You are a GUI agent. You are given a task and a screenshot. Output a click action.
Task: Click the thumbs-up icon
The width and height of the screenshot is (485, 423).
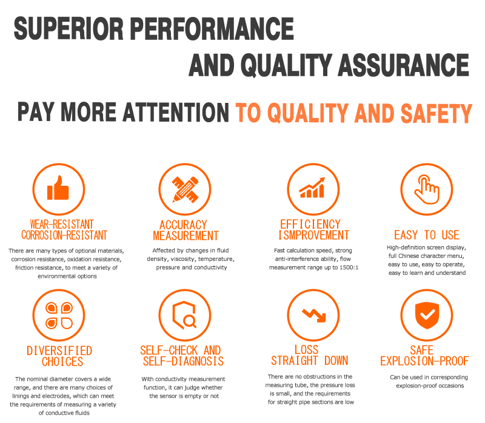[58, 188]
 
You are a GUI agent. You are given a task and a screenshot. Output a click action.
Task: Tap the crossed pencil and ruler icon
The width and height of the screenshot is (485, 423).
[185, 189]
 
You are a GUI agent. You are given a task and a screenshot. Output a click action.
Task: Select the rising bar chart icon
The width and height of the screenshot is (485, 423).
[312, 188]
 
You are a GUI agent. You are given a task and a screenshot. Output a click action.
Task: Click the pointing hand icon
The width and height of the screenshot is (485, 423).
[427, 189]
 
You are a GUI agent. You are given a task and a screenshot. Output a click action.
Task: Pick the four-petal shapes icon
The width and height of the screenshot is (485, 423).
[59, 315]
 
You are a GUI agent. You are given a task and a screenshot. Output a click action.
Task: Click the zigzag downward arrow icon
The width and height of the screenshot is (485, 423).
[314, 315]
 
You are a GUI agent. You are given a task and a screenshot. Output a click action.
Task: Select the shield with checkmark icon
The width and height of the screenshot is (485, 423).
[427, 315]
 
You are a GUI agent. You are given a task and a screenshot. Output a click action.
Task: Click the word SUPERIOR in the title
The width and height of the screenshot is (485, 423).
[69, 28]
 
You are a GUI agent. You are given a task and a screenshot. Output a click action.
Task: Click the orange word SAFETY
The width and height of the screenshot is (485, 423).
[436, 113]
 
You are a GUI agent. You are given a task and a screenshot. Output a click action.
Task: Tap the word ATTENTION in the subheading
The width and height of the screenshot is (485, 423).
[176, 113]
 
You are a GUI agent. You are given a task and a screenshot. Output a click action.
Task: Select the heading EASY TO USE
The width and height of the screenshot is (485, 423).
[427, 235]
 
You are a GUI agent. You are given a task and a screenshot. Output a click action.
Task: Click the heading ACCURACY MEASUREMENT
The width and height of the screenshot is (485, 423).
[186, 230]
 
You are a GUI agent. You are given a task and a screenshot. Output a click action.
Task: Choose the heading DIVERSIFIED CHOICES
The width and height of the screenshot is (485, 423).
[59, 356]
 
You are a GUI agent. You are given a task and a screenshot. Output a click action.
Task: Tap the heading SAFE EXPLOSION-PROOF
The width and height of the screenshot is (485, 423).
[424, 355]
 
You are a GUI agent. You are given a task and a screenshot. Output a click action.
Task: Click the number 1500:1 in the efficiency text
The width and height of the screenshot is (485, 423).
[349, 267]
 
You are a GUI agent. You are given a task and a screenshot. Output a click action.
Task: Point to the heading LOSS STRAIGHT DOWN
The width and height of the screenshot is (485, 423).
[310, 355]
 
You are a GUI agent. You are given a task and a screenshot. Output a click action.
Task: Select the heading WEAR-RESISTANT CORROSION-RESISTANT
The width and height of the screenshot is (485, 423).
[64, 230]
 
